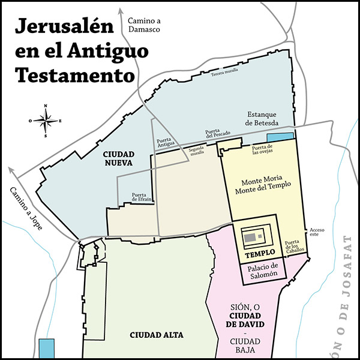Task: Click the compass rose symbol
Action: (x=46, y=121)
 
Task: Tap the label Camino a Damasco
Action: (x=144, y=25)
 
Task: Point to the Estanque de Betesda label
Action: (x=263, y=119)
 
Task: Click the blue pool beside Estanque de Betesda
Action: (x=284, y=137)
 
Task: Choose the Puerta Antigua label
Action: (x=166, y=143)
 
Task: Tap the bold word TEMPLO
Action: (x=260, y=253)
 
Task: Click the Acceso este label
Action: (x=317, y=233)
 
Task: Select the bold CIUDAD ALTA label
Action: (x=157, y=335)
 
